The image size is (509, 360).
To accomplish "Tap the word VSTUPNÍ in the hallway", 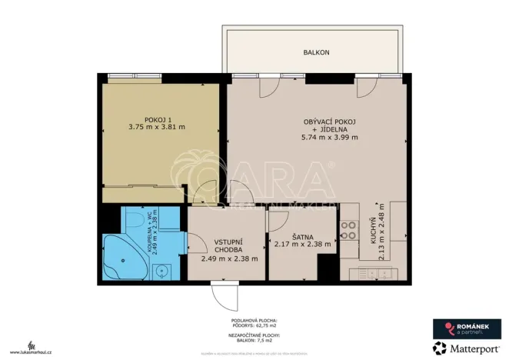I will [229, 242].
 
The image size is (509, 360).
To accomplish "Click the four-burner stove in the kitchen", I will [349, 228].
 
